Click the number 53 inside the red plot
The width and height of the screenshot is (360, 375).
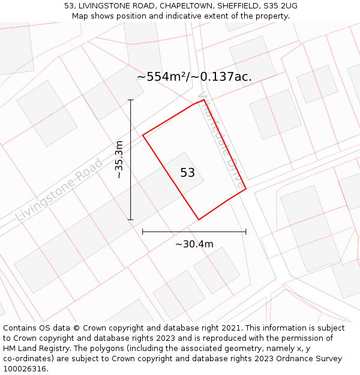(x=188, y=173)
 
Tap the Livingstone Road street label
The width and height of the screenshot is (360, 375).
(x=59, y=190)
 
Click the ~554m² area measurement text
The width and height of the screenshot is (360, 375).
(x=194, y=77)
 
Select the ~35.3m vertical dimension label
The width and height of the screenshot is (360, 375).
(x=119, y=160)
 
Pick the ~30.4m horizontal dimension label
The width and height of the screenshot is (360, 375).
(x=194, y=244)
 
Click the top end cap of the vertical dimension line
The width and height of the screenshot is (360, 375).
(x=131, y=100)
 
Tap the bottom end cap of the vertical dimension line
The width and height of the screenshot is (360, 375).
(x=131, y=220)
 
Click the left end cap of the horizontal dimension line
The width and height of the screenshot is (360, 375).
(x=142, y=231)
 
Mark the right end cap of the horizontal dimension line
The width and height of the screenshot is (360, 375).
(x=246, y=231)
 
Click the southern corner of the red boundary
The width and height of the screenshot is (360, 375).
(x=199, y=220)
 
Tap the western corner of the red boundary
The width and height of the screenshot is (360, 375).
(x=143, y=136)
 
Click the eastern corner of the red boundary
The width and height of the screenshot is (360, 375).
(x=246, y=189)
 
